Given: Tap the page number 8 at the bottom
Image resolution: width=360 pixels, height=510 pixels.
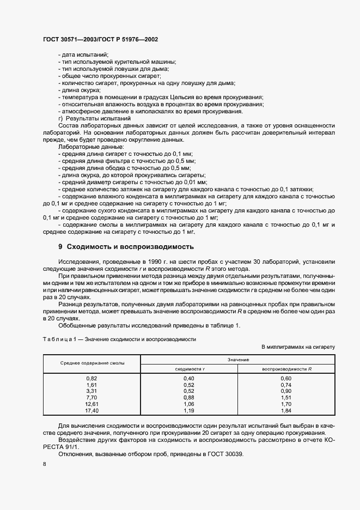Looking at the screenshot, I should click(44, 464).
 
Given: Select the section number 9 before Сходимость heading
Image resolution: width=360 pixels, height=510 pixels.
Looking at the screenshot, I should click(60, 246).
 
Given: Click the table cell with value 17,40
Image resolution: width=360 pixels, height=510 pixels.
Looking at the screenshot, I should click(91, 410).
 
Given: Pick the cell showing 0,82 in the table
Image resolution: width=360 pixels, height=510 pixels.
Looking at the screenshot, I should click(91, 378).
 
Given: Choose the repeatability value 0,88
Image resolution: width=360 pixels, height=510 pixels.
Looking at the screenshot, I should click(188, 397).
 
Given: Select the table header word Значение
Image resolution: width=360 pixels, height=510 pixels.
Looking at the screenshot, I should click(237, 360).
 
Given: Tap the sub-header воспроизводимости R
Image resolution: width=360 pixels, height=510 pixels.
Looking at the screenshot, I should click(286, 369).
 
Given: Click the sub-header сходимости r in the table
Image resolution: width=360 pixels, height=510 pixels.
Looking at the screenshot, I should click(188, 369).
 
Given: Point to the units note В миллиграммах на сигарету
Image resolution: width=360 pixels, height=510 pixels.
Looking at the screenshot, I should click(298, 347).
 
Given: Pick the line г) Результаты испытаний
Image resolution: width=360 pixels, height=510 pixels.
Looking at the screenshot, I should click(94, 118).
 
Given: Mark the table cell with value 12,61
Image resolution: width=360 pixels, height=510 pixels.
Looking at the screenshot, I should click(91, 403).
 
